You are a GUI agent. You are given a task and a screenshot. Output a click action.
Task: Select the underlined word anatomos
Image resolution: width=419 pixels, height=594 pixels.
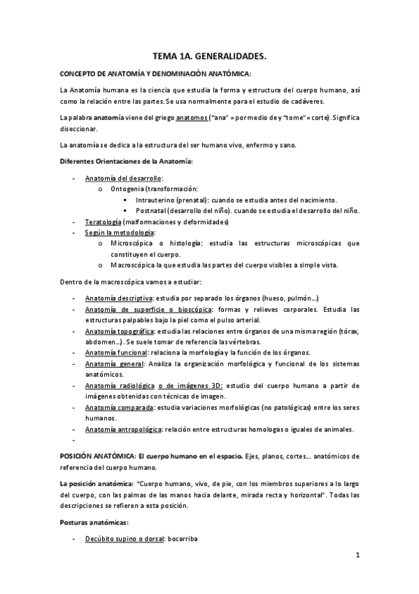click(192, 118)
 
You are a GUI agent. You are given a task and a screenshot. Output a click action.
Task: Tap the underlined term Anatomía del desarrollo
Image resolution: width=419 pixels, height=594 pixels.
click(122, 179)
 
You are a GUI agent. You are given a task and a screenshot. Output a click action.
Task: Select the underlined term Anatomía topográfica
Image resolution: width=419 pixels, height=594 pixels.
click(120, 331)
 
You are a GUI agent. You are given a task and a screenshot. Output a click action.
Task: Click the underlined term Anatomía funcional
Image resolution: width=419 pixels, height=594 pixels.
click(116, 352)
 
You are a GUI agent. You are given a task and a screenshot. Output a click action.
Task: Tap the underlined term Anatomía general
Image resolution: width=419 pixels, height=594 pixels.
click(113, 364)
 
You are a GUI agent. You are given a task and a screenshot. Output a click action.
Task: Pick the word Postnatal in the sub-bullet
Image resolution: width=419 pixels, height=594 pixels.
click(161, 211)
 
